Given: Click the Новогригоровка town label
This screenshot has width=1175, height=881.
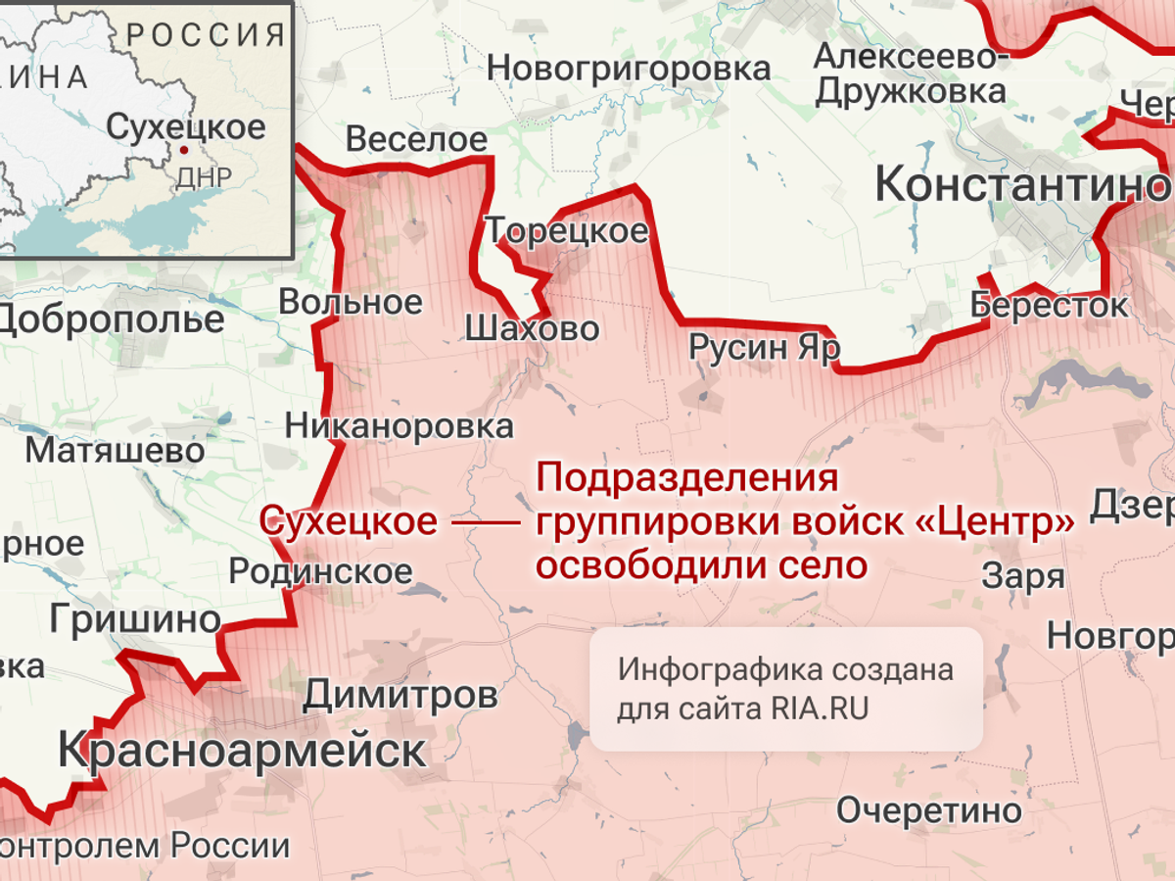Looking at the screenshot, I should point(628,69).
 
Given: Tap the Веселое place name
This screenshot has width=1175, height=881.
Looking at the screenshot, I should point(416,140).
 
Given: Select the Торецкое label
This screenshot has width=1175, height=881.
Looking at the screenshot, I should point(568,231).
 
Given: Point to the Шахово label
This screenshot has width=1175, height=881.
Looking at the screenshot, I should point(532,328).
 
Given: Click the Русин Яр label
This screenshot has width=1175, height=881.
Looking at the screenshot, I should point(764,348).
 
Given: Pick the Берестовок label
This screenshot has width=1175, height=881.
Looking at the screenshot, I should point(1049,305).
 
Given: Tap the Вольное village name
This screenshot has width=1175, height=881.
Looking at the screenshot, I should point(351,302).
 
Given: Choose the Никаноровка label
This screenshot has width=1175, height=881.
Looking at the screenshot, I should point(399,426).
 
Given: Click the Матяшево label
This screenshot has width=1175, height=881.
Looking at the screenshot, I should point(115,451).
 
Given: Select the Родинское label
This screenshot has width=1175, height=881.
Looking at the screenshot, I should point(320,571).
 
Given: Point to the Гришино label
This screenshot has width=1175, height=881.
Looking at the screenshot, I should point(135,619).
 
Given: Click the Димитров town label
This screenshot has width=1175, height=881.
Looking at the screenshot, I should point(399,696).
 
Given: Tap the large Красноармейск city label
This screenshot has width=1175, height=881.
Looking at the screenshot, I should point(242,752).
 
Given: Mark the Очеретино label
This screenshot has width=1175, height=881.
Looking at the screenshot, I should point(928,810).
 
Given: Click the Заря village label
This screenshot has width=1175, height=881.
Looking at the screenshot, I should point(1023,575).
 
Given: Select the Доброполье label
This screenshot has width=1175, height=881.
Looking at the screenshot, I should point(111,320).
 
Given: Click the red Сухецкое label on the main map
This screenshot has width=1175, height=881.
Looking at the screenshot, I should point(348,521).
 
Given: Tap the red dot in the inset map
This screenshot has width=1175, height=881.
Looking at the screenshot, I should point(182,150).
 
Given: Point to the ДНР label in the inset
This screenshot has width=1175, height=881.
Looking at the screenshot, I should point(204,177).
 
